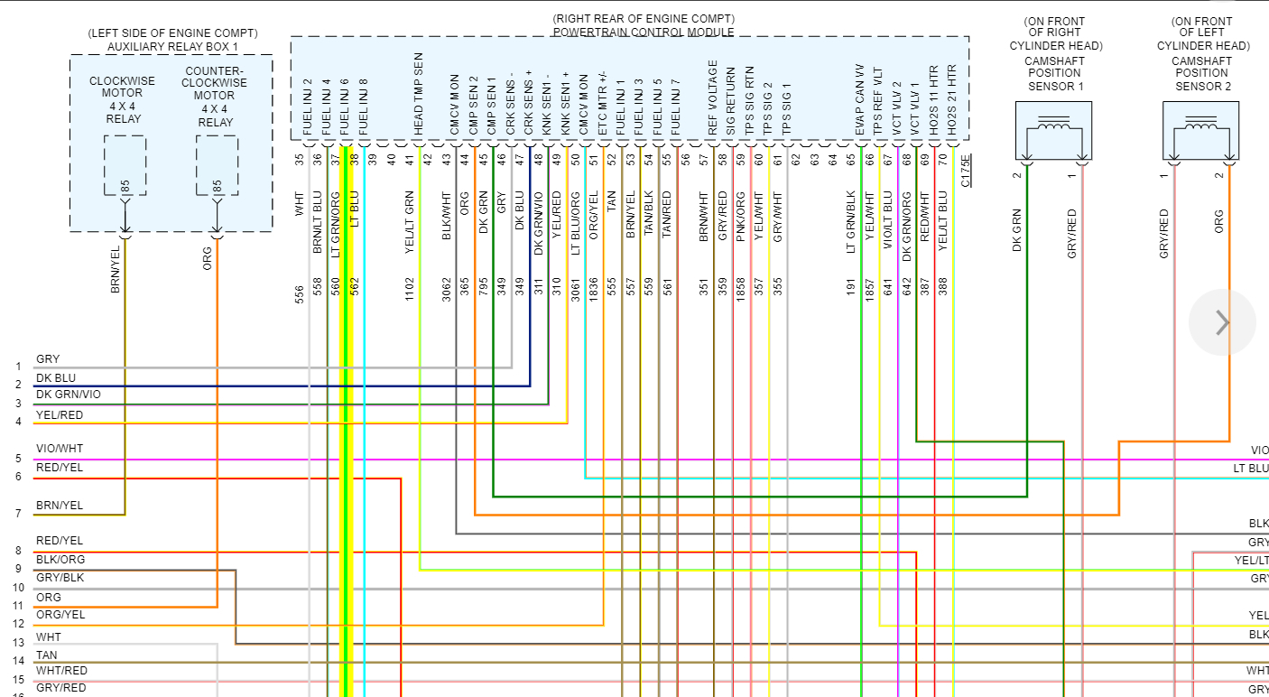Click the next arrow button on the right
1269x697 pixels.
coord(1222,322)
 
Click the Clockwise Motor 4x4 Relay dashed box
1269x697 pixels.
coord(125,165)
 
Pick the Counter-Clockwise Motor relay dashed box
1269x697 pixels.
coord(217,165)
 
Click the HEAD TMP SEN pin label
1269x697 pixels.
coord(418,94)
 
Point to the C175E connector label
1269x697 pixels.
coord(966,170)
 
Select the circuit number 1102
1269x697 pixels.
coord(409,289)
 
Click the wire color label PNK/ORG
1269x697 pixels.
coord(740,214)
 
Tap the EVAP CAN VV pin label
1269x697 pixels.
coord(860,100)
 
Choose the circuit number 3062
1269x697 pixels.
coord(446,289)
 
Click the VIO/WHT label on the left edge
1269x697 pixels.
coord(60,449)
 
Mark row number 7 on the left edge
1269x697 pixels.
coord(18,514)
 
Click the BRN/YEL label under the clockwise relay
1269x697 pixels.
coord(115,269)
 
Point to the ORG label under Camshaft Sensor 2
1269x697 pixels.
coord(1218,222)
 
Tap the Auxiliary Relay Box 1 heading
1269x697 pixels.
coord(172,46)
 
